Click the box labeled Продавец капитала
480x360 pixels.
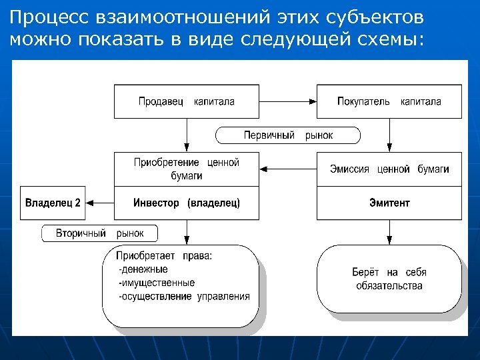coord(187,101)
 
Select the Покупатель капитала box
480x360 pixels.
coord(389,101)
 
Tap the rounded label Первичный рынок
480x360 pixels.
coord(288,135)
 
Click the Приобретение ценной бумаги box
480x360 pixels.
coord(187,169)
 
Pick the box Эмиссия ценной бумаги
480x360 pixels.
coord(389,169)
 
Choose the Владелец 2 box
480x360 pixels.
coord(53,203)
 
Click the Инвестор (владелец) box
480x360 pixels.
coord(187,203)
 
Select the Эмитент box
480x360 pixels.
coord(389,203)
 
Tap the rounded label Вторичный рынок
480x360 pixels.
coord(100,233)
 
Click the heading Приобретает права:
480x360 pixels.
coord(164,256)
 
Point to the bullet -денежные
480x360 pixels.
coord(143,269)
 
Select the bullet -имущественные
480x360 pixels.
coord(156,283)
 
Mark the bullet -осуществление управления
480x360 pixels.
coord(183,296)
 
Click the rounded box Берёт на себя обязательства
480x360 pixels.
coord(389,279)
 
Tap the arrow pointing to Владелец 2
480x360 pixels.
coord(101,203)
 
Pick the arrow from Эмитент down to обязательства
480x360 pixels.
coord(389,232)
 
